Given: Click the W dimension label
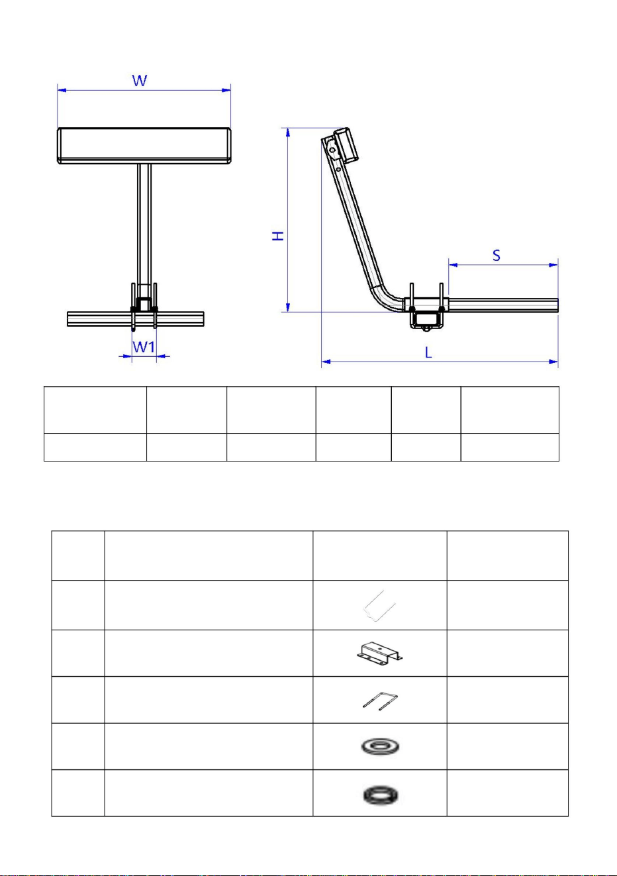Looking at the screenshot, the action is [x=140, y=81].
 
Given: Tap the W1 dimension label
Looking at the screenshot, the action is [x=144, y=347].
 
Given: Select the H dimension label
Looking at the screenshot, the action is [x=278, y=236].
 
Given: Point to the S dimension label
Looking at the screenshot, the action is [x=496, y=256].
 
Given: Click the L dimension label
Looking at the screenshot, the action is [x=428, y=353].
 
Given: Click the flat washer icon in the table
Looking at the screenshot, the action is [x=379, y=747].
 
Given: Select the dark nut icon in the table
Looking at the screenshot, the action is [x=380, y=795].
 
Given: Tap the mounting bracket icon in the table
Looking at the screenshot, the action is [x=379, y=653].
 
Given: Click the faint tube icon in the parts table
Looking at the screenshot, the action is [x=379, y=606].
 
